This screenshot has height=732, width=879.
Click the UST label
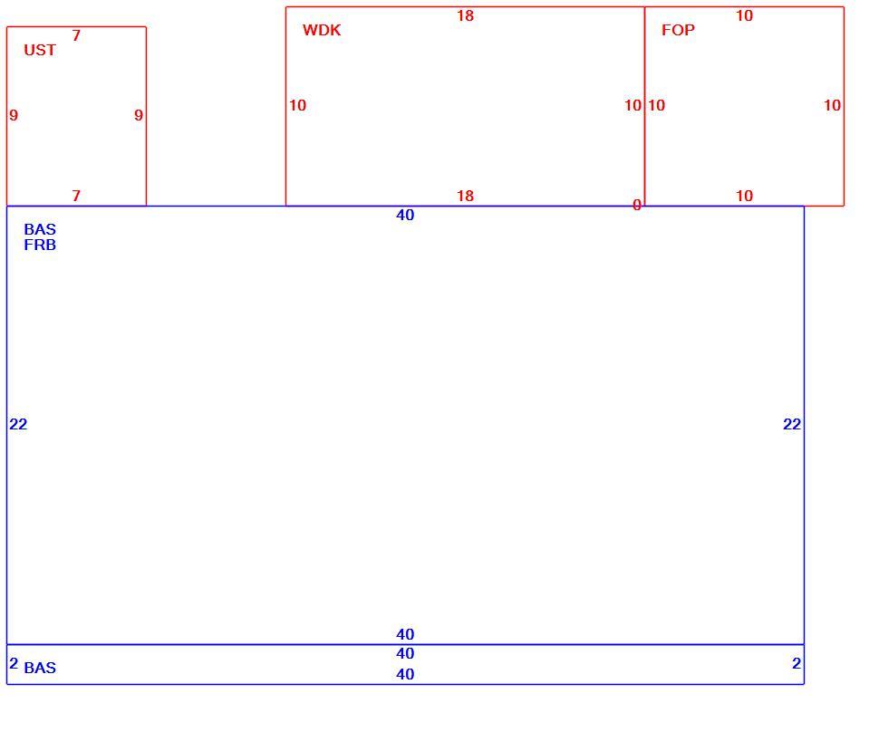40,50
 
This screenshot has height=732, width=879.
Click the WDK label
322,30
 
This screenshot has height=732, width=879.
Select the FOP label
679,30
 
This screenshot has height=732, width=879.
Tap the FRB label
40,245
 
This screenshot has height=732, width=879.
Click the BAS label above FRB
40,229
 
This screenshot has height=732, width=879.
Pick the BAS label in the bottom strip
40,668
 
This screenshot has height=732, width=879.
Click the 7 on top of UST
76,35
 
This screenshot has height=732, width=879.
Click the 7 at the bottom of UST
76,196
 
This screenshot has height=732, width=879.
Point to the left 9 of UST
14,115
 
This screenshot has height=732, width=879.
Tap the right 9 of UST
139,115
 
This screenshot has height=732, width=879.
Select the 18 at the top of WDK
465,15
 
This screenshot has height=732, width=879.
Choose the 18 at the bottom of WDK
465,196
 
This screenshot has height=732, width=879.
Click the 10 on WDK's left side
297,105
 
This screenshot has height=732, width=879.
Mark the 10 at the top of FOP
745,15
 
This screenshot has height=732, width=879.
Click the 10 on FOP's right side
833,105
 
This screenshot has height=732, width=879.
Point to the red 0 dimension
637,205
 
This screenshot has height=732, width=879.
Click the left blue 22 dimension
18,424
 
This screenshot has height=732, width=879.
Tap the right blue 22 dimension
792,424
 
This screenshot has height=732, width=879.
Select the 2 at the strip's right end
797,663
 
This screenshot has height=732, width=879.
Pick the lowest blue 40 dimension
405,674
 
